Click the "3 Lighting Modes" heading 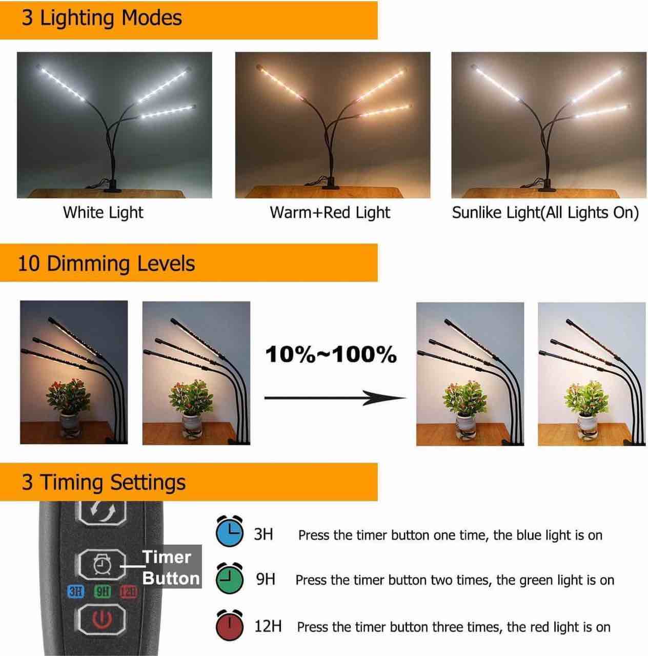tap(102, 18)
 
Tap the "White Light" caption tap(103, 212)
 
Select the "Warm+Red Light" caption tap(330, 212)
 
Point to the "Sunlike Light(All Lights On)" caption tap(545, 212)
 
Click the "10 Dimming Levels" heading tap(107, 263)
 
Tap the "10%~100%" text tap(331, 354)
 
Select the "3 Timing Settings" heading tap(104, 482)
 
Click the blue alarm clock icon tap(229, 533)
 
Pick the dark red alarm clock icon tap(229, 625)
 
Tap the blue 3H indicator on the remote tap(76, 592)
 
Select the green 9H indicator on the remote tap(103, 592)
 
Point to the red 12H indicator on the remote tap(128, 592)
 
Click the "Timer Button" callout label tap(171, 567)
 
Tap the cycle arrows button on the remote tap(102, 511)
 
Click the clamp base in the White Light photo tap(111, 188)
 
